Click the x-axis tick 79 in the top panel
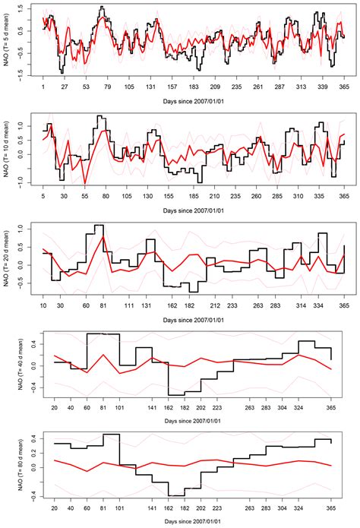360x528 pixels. tap(108, 87)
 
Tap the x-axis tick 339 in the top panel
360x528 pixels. tap(324, 87)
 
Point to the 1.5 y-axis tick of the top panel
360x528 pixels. tap(23, 12)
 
